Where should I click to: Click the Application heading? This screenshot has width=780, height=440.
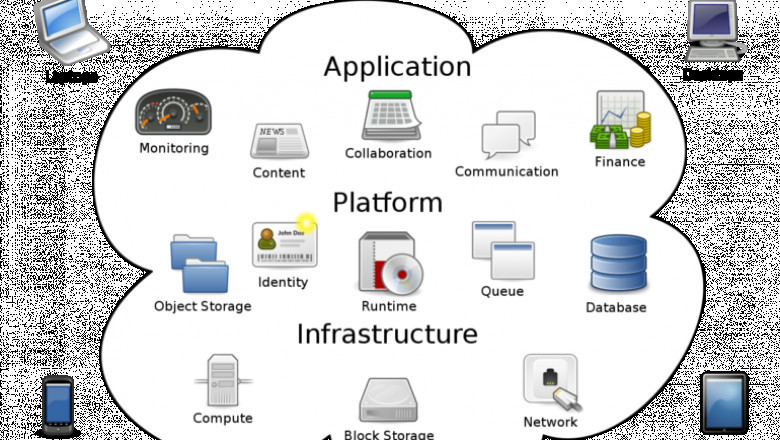397,67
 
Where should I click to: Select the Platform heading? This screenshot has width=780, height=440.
387,203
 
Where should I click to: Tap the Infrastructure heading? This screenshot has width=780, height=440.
386,333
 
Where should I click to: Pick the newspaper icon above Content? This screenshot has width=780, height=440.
278,141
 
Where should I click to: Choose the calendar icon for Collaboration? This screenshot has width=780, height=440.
387,115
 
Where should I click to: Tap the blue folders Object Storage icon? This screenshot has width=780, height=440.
200,264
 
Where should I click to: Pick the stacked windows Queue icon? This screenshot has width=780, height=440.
502,249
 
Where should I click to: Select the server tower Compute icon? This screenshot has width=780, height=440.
221,380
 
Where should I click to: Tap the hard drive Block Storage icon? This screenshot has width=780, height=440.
389,402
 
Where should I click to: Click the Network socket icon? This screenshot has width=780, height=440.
550,381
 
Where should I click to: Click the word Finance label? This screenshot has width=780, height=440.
620,162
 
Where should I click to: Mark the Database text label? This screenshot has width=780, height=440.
616,307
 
